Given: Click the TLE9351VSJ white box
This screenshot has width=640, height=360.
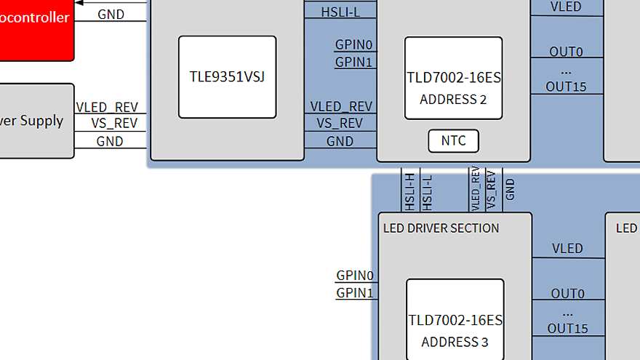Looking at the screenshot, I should click(x=227, y=76).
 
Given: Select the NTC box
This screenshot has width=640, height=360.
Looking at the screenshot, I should click(x=453, y=140).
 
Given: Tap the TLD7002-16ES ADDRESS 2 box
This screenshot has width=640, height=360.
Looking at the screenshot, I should click(x=453, y=79).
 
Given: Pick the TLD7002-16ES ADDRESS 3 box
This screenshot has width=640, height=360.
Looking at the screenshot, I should click(x=455, y=320).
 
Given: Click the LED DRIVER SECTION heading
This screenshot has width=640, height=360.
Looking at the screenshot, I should click(x=441, y=228).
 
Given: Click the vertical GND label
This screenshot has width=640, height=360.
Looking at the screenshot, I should click(x=510, y=190).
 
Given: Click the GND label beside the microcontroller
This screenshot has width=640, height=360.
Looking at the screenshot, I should click(x=111, y=14).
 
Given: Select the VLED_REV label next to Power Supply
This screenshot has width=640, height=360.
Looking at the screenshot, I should click(x=107, y=107).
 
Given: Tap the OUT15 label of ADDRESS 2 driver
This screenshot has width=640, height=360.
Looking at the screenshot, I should click(x=566, y=87).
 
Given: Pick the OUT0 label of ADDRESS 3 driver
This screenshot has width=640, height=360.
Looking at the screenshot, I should click(x=567, y=294).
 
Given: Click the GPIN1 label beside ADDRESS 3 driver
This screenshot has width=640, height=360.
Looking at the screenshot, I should click(x=354, y=293).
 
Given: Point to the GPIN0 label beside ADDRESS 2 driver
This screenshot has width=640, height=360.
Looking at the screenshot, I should click(x=353, y=44).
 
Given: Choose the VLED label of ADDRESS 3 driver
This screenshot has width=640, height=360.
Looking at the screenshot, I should click(x=567, y=248).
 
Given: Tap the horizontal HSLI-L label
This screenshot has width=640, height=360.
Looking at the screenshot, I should click(x=340, y=12).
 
